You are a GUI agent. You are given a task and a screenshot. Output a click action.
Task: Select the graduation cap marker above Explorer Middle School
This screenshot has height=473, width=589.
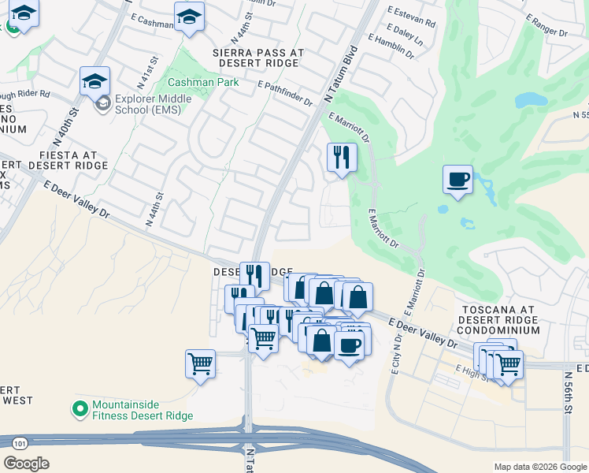pyautogui.click(x=94, y=82)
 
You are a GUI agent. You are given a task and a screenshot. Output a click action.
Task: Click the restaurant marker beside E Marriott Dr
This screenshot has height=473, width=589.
pyautogui.click(x=342, y=157)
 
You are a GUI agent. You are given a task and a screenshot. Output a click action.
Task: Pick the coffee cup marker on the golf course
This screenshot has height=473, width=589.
pyautogui.click(x=458, y=180)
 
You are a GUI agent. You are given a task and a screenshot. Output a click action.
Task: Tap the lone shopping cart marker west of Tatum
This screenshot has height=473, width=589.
pyautogui.click(x=200, y=364)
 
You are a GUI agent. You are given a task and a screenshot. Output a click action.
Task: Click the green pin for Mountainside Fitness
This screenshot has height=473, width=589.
pyautogui.click(x=79, y=408)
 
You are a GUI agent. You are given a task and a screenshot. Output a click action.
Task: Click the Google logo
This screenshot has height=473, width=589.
pyautogui.click(x=26, y=463)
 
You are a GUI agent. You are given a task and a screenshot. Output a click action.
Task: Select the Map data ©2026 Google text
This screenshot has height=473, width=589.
pyautogui.click(x=539, y=467)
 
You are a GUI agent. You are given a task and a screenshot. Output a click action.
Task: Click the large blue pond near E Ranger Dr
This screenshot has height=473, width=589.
pyautogui.click(x=531, y=100)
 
